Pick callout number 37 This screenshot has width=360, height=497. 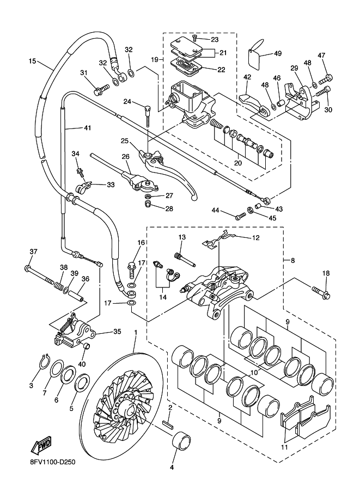[x=33, y=251]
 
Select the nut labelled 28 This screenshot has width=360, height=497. [x=147, y=204]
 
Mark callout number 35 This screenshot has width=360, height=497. [x=117, y=332]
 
